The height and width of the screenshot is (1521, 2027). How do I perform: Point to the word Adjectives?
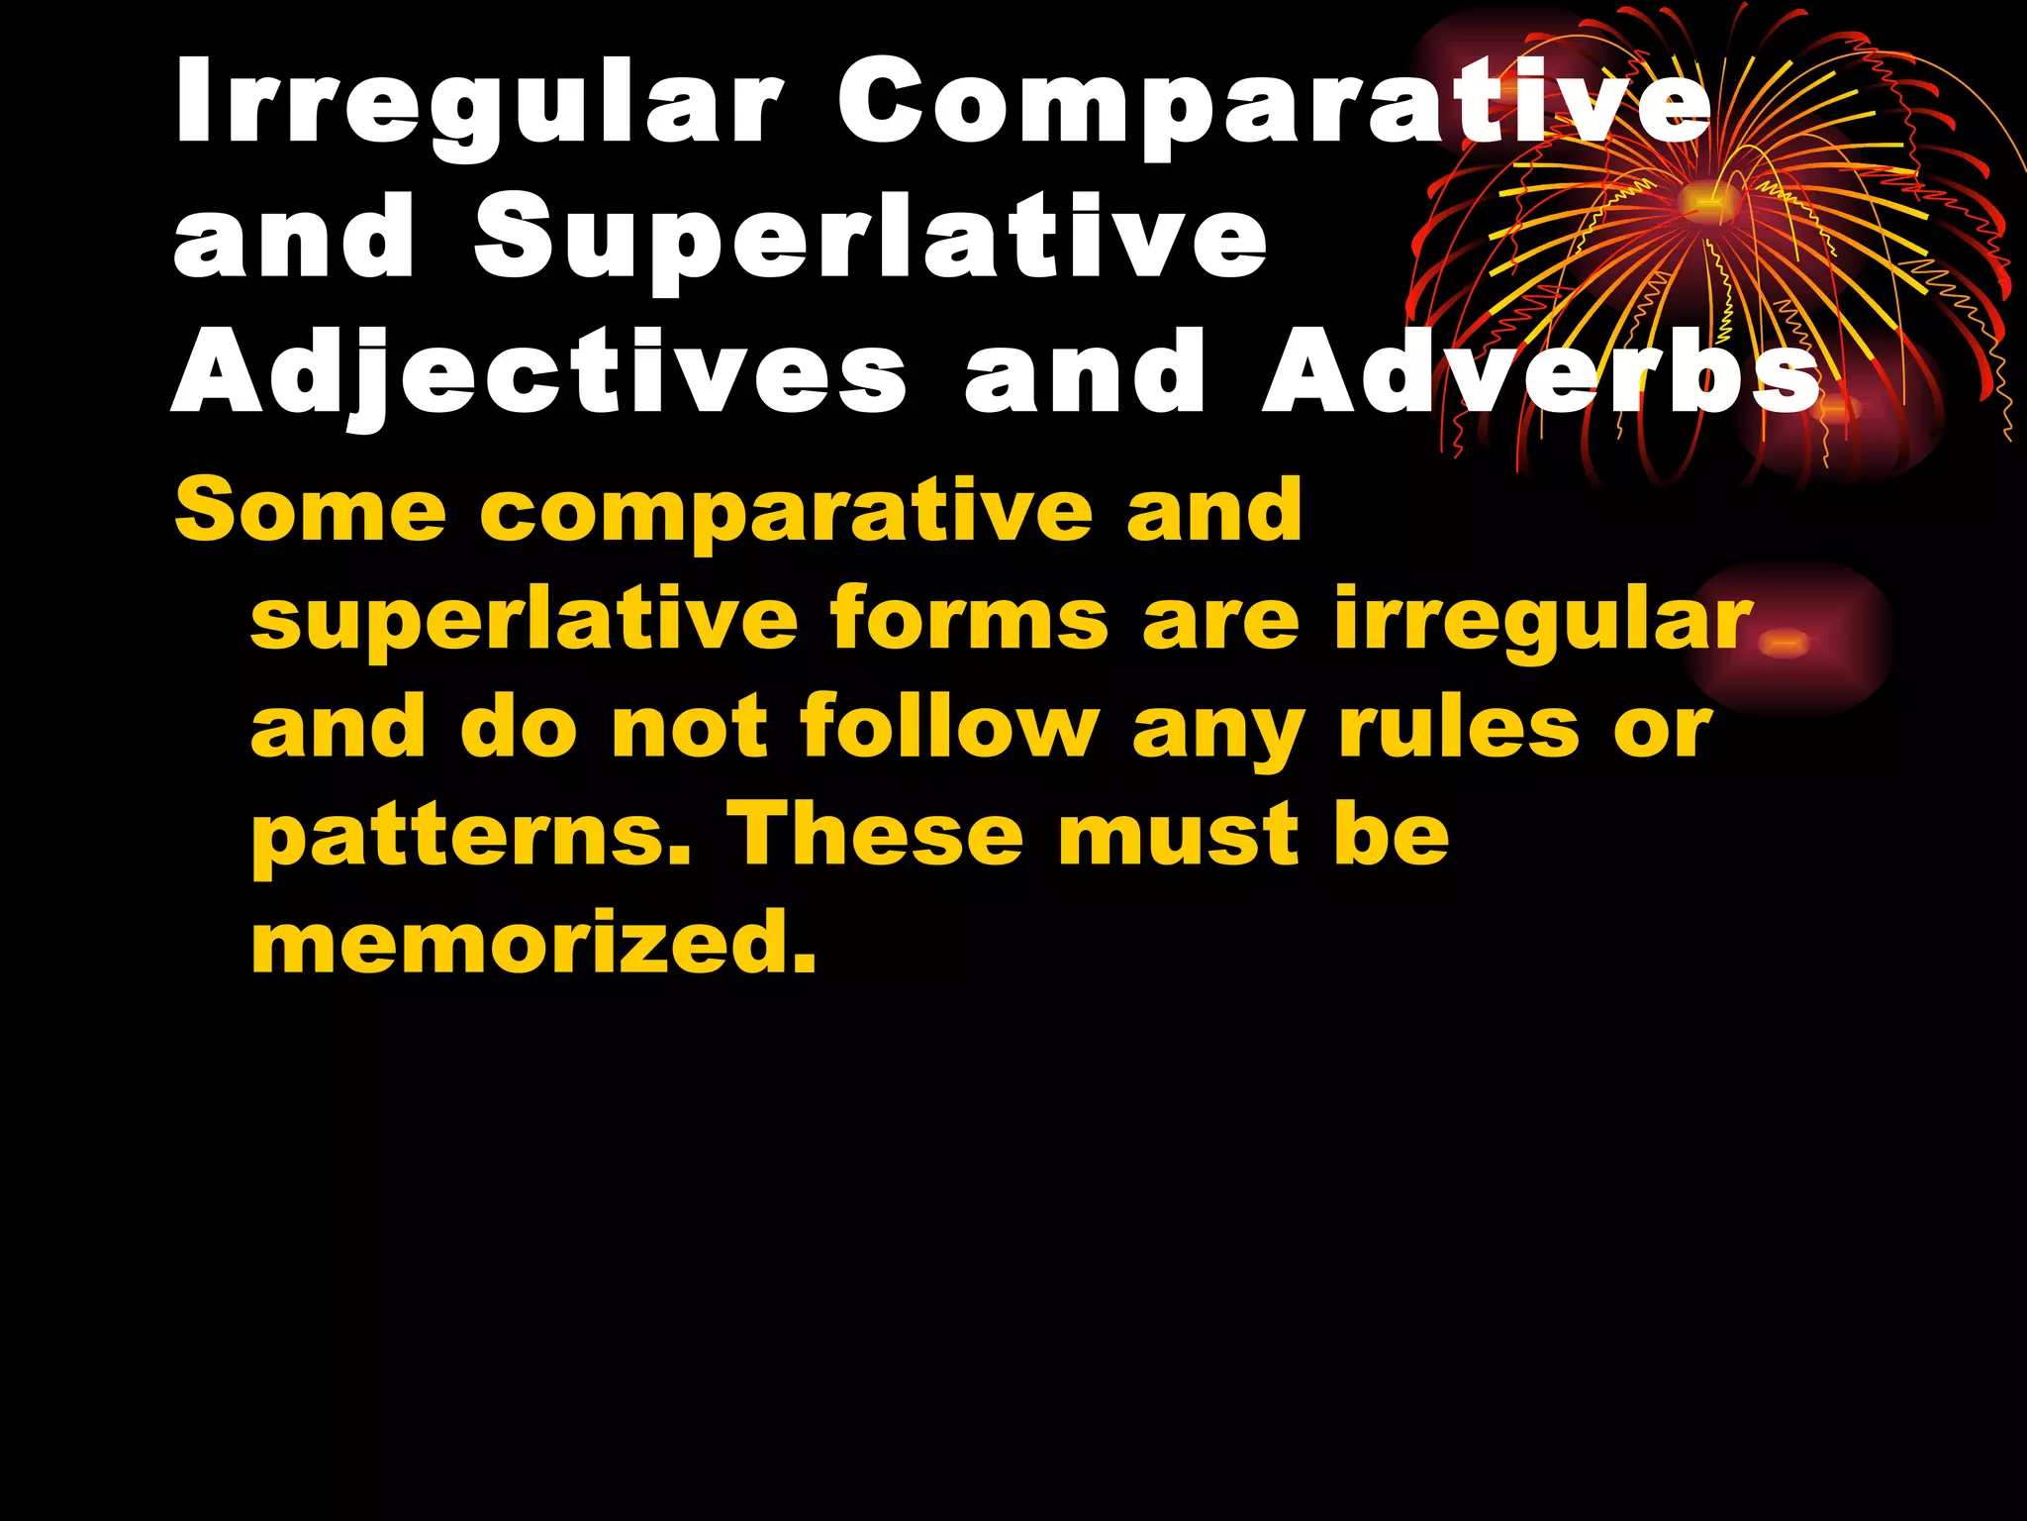[x=539, y=376]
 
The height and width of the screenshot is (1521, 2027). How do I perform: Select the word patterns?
[x=470, y=838]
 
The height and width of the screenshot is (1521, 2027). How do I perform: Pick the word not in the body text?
[x=689, y=728]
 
